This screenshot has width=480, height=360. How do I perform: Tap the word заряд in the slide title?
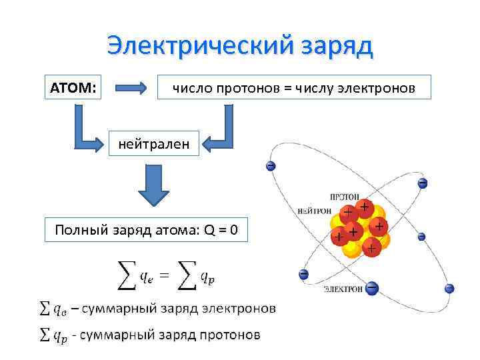pyautogui.click(x=331, y=46)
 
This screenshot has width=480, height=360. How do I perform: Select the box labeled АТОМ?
pyautogui.click(x=73, y=87)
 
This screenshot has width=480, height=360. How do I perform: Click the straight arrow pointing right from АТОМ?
pyautogui.click(x=131, y=87)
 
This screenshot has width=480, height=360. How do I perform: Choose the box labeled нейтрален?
pyautogui.click(x=153, y=143)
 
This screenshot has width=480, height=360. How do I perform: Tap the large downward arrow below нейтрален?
pyautogui.click(x=153, y=185)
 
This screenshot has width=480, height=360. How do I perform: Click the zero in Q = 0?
pyautogui.click(x=233, y=231)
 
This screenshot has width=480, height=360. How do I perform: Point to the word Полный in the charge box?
pyautogui.click(x=77, y=231)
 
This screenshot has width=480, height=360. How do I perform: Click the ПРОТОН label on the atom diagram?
pyautogui.click(x=345, y=197)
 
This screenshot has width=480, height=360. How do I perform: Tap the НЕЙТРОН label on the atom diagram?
pyautogui.click(x=315, y=211)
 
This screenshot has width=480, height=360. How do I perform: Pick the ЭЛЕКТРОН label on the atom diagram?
pyautogui.click(x=343, y=289)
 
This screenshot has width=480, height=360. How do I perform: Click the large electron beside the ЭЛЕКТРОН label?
pyautogui.click(x=372, y=288)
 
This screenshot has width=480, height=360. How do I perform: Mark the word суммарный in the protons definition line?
pyautogui.click(x=117, y=335)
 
